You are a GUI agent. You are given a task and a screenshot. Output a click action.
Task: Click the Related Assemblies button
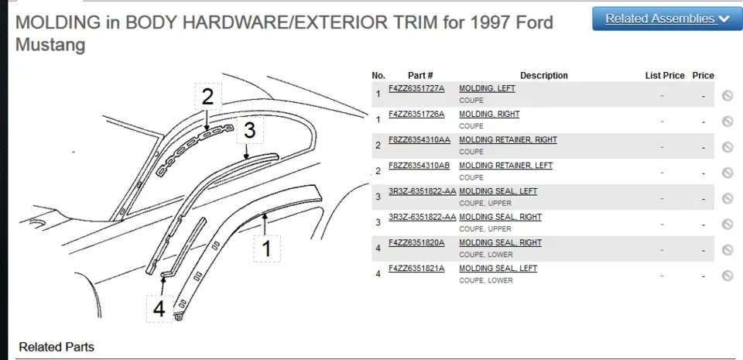pos(667,19)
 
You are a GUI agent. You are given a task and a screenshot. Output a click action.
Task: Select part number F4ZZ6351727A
pos(416,88)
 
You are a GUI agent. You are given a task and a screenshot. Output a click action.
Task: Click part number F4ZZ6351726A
pos(416,114)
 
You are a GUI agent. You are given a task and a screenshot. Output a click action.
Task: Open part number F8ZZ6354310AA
pos(419,139)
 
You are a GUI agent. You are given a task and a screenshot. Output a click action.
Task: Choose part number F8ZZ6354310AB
pos(419,166)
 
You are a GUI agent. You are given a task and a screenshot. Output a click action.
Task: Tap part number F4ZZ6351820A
pos(416,242)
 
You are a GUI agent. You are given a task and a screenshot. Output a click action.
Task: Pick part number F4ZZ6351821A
pos(416,268)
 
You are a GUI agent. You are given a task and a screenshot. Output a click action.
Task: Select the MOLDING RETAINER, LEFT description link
pos(505,166)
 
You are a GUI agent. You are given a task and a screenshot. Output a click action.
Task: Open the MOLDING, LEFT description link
pos(487,88)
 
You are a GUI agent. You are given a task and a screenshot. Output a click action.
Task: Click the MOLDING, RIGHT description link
pos(489,114)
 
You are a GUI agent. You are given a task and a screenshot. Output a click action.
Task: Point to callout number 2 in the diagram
pos(207,97)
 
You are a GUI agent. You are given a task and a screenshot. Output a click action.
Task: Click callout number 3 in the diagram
pos(250,130)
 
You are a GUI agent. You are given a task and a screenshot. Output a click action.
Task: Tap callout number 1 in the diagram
pos(267,249)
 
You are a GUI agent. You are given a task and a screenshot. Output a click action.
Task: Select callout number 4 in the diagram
pos(159,309)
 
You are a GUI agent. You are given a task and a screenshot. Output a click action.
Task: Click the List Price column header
pos(665,75)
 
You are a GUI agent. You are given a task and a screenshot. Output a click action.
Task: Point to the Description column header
pos(543,75)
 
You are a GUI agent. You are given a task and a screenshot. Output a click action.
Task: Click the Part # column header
pos(420,75)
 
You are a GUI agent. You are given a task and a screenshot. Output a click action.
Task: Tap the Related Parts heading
pos(56,347)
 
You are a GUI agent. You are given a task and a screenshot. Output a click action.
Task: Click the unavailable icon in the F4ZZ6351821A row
pos(728,275)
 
